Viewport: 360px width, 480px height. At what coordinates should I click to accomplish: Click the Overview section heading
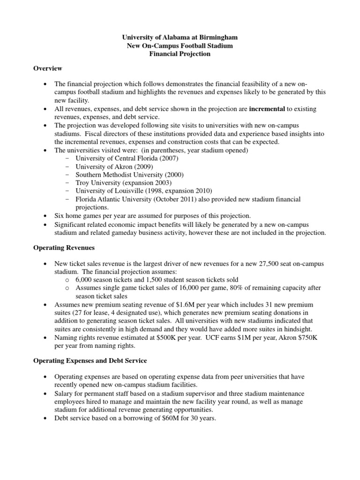(47, 68)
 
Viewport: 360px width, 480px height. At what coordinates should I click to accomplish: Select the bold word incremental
(267, 109)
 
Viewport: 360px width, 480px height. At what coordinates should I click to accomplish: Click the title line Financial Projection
(180, 54)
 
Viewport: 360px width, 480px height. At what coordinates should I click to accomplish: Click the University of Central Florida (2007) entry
(127, 157)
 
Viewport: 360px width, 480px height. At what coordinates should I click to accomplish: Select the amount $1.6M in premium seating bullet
(191, 305)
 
